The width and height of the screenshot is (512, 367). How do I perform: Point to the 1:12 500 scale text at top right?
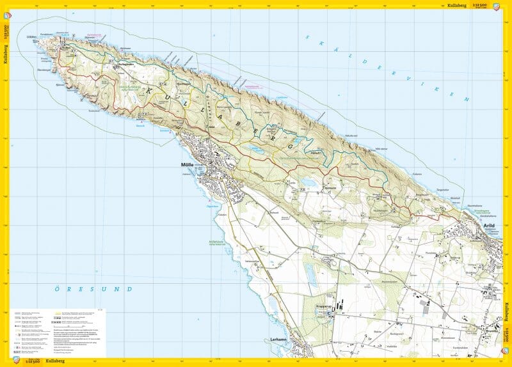(x=479, y=4)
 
